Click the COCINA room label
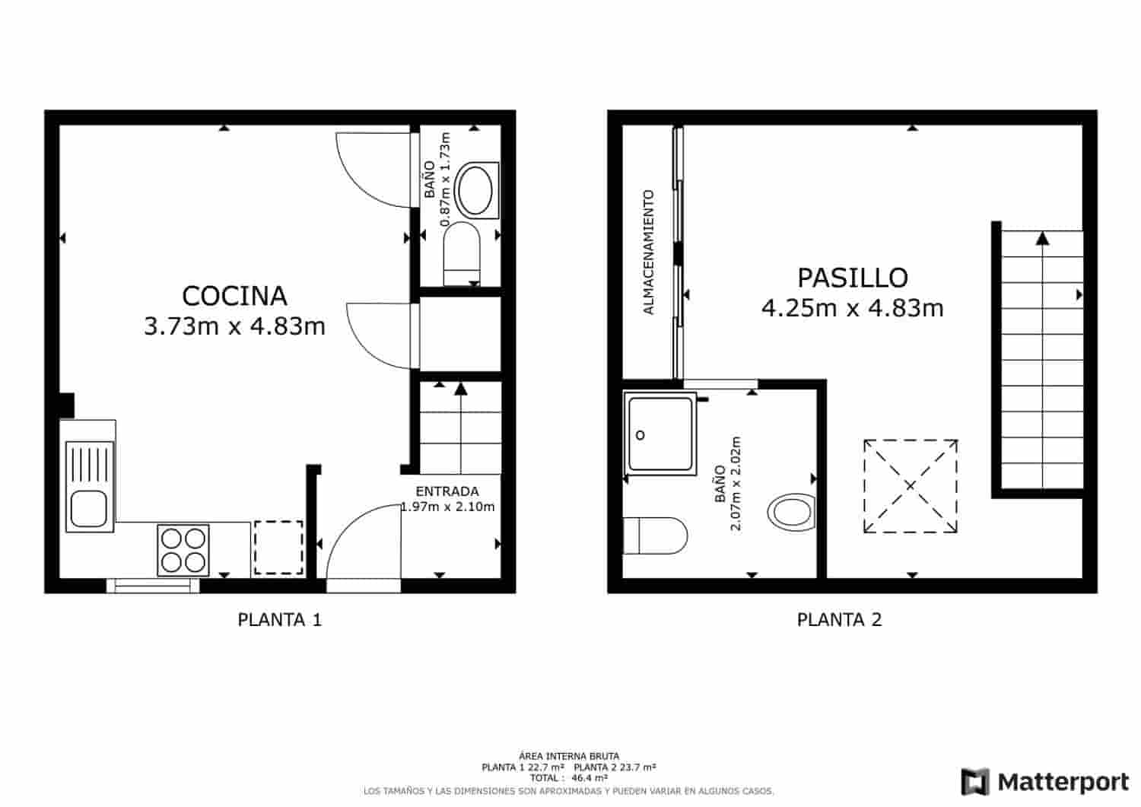tap(234, 295)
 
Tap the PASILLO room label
tap(852, 278)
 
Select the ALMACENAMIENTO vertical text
tap(648, 253)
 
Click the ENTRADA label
tap(447, 491)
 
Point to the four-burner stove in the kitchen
tap(183, 550)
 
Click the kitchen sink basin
tap(89, 510)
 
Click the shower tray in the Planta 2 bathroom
tap(659, 434)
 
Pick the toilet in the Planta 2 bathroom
tap(655, 536)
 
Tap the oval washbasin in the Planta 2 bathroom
tap(791, 512)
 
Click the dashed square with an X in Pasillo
tap(911, 486)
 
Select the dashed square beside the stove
tap(278, 548)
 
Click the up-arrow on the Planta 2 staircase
tap(1042, 239)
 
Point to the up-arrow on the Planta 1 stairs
tap(460, 389)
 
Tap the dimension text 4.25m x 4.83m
tap(852, 308)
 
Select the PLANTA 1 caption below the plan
tap(280, 620)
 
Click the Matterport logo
tap(1046, 782)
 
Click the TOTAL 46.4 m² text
tap(569, 778)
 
